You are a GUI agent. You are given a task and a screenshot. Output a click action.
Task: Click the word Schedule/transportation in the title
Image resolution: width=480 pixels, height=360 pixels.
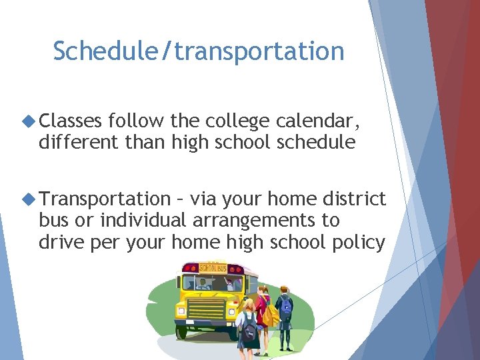[x=199, y=51]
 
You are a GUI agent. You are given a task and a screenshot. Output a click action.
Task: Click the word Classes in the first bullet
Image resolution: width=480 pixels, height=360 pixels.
[x=70, y=121]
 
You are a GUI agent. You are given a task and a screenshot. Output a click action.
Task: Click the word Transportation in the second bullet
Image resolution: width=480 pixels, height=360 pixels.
[x=105, y=199]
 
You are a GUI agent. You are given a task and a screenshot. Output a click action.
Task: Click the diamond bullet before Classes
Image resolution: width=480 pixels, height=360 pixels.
[x=29, y=121]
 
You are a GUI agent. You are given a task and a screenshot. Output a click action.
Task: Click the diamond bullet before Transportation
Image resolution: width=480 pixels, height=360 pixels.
[x=29, y=199]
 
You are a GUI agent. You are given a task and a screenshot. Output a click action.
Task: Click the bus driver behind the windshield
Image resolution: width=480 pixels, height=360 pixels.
[x=203, y=284]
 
